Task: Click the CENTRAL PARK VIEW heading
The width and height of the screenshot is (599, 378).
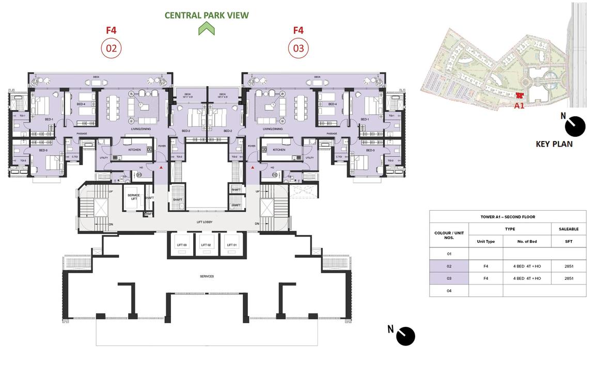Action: click(x=207, y=15)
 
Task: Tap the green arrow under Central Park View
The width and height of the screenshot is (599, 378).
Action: click(x=207, y=29)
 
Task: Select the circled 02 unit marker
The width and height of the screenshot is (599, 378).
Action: click(x=111, y=49)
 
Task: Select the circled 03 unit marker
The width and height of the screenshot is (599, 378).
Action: click(x=298, y=49)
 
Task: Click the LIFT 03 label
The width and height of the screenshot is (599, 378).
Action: click(x=182, y=245)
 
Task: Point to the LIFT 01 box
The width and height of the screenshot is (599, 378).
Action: click(x=231, y=245)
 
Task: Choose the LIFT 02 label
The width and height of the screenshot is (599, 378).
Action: click(x=207, y=245)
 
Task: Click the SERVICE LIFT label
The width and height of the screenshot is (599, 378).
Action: click(x=133, y=197)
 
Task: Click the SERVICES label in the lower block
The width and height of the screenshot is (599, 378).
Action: click(x=207, y=276)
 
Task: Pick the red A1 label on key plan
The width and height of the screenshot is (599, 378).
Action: click(x=519, y=105)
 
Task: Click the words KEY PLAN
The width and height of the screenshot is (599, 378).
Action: click(x=554, y=144)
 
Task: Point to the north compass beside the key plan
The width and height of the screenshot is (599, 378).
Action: click(x=575, y=126)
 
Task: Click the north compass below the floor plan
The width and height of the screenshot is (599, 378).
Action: click(x=405, y=336)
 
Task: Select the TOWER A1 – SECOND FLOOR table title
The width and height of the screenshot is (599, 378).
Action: click(x=508, y=217)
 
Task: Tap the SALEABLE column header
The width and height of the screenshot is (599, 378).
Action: click(x=569, y=229)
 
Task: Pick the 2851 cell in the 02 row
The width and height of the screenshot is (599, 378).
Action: click(x=569, y=266)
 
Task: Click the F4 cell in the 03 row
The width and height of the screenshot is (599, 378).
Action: click(x=485, y=278)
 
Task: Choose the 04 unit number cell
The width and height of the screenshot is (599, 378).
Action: click(x=449, y=291)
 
